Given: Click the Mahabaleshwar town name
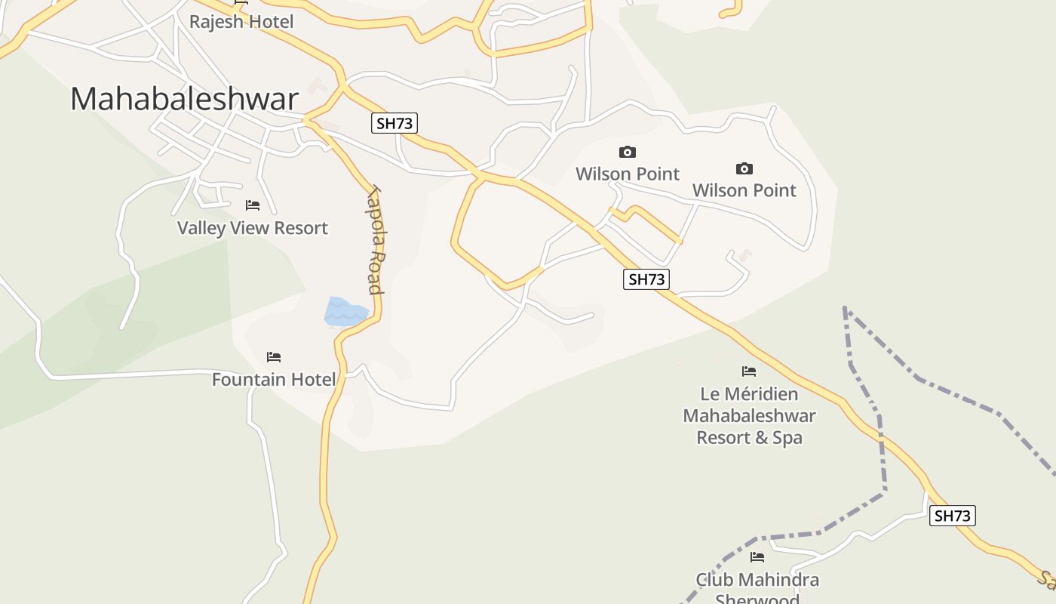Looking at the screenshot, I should pos(185,99).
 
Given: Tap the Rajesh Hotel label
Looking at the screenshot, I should pos(241,22).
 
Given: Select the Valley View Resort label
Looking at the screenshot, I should pos(252,228).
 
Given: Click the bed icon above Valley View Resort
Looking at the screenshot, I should pos(253,205).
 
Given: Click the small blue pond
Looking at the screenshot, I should pos(345,312).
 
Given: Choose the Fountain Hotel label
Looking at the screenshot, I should pos(273,379).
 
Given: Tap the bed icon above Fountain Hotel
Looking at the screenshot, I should pos(274,356).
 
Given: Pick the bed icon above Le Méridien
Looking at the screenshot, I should pos(749,371).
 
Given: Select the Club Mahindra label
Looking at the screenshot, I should pos(757,580).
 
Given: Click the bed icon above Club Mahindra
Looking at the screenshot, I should pos(757,557).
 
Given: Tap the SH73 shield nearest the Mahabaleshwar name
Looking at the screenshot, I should pos(394,123).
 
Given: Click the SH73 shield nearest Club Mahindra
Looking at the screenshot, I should pos(952,516).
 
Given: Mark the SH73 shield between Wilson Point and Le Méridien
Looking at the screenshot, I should pos(646,279).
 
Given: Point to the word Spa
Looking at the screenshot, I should pos(787,438).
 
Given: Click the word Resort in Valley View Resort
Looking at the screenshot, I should pos(299,228).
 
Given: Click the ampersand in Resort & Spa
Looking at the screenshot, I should pos(758,438).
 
